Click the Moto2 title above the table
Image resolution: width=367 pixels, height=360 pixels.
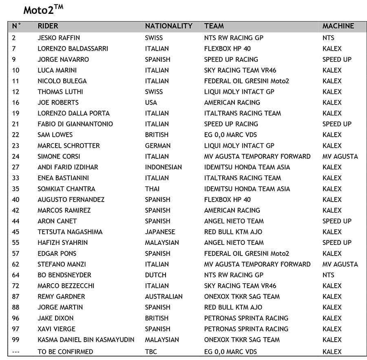coord(43,9)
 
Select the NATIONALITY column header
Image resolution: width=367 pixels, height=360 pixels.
coord(168,26)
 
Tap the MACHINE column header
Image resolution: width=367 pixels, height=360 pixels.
coord(338,26)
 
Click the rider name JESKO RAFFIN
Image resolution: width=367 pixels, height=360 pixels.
coord(59,38)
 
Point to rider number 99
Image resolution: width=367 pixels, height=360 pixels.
coord(16,340)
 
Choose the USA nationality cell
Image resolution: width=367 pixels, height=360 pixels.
coord(151,102)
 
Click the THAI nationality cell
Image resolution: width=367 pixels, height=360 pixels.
coord(153,189)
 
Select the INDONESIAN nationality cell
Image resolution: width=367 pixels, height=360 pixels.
coord(163,167)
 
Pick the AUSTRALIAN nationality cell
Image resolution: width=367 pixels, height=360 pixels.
coord(164,296)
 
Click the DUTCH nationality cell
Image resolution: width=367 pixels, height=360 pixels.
coord(155,275)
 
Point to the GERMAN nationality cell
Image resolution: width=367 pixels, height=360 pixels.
coord(157,146)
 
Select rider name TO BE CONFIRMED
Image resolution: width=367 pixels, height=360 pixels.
coord(65,351)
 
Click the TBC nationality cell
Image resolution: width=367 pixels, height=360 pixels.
coord(151,351)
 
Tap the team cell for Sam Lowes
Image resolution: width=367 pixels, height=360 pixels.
coord(230,135)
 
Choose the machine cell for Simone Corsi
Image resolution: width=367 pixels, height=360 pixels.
coord(340,156)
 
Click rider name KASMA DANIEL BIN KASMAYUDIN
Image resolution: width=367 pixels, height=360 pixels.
coord(86,340)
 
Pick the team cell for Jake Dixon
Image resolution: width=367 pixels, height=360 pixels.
coord(246,318)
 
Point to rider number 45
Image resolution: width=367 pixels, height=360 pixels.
coord(16,232)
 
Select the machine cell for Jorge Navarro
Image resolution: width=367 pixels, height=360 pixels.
coord(336,60)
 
